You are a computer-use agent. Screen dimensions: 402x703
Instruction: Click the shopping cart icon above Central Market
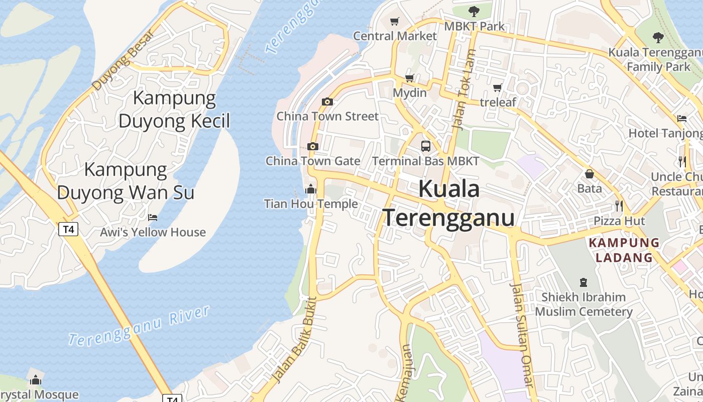tap(394, 21)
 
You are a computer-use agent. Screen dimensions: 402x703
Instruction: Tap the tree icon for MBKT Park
tap(474, 11)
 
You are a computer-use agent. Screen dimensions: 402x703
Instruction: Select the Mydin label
tap(409, 93)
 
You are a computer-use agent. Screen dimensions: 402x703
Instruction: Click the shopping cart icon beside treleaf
tap(498, 88)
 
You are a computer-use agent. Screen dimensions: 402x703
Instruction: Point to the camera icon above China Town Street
tap(327, 102)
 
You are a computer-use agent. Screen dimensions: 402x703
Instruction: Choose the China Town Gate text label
tap(312, 161)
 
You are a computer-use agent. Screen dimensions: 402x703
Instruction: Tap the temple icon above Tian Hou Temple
tap(311, 189)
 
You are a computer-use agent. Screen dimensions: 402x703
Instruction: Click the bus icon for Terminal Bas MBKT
tap(425, 146)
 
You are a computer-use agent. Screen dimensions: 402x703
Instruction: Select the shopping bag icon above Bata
tap(590, 174)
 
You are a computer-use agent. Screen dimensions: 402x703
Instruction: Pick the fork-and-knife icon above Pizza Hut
tap(619, 206)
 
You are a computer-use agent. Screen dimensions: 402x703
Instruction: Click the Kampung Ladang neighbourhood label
tap(623, 250)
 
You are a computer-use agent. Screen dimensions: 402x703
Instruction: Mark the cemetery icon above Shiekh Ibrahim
tap(583, 282)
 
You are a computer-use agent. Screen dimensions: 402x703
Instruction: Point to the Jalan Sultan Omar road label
tap(521, 334)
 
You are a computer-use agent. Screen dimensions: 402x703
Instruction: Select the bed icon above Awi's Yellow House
tap(153, 218)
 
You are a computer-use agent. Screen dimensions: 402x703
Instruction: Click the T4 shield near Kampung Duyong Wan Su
tap(68, 230)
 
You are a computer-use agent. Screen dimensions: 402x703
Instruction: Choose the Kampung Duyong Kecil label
tap(174, 110)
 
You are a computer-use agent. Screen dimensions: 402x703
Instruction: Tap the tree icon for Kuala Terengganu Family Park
tap(658, 37)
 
